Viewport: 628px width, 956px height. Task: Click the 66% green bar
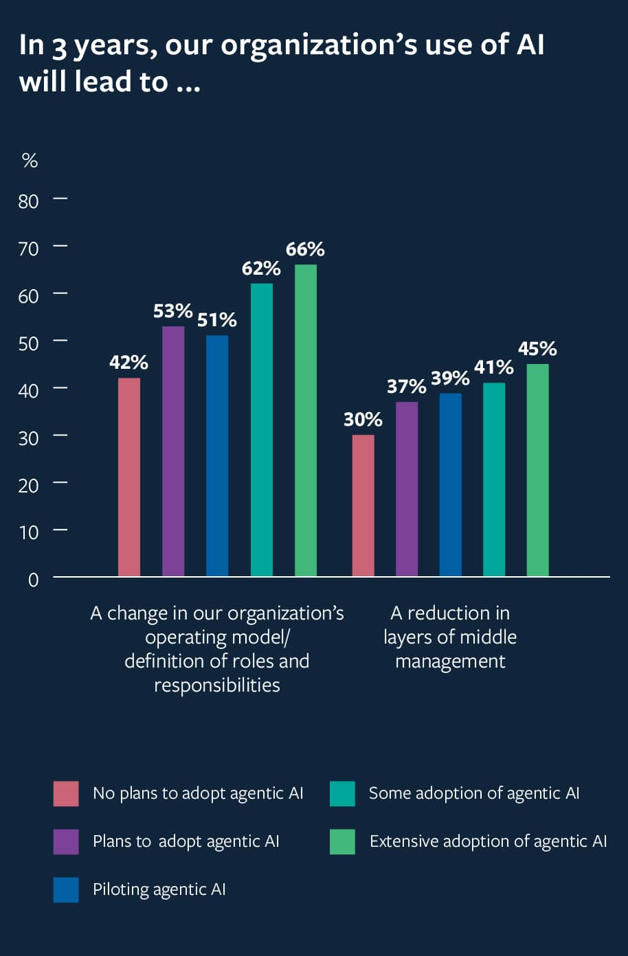coord(306,420)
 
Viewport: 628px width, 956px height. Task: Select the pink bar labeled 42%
coord(129,477)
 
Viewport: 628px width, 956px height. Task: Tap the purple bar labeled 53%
coord(173,451)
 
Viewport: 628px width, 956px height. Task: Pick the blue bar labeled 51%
coord(217,455)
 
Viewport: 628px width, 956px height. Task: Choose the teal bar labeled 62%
coord(262,429)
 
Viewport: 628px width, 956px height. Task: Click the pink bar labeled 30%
coord(363,505)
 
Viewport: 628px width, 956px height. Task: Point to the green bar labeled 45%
coord(538,470)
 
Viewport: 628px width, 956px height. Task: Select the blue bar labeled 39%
coord(451,484)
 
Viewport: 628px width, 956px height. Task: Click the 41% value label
coord(493,367)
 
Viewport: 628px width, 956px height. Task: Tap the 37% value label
coord(406,387)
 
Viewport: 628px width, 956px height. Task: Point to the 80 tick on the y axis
coord(29,201)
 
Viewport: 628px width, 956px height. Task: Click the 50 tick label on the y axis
coord(29,343)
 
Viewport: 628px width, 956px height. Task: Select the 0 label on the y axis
coord(33,580)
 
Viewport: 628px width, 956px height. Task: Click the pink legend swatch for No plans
coord(66,793)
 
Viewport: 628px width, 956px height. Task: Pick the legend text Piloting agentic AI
coord(159,889)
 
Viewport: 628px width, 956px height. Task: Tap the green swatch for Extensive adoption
coord(342,841)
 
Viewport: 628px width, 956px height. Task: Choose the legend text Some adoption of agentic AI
coord(474,793)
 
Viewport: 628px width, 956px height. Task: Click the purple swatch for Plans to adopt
coord(66,841)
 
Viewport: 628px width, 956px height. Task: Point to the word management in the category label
coord(450,661)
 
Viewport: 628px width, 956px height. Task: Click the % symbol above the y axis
coord(30,161)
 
